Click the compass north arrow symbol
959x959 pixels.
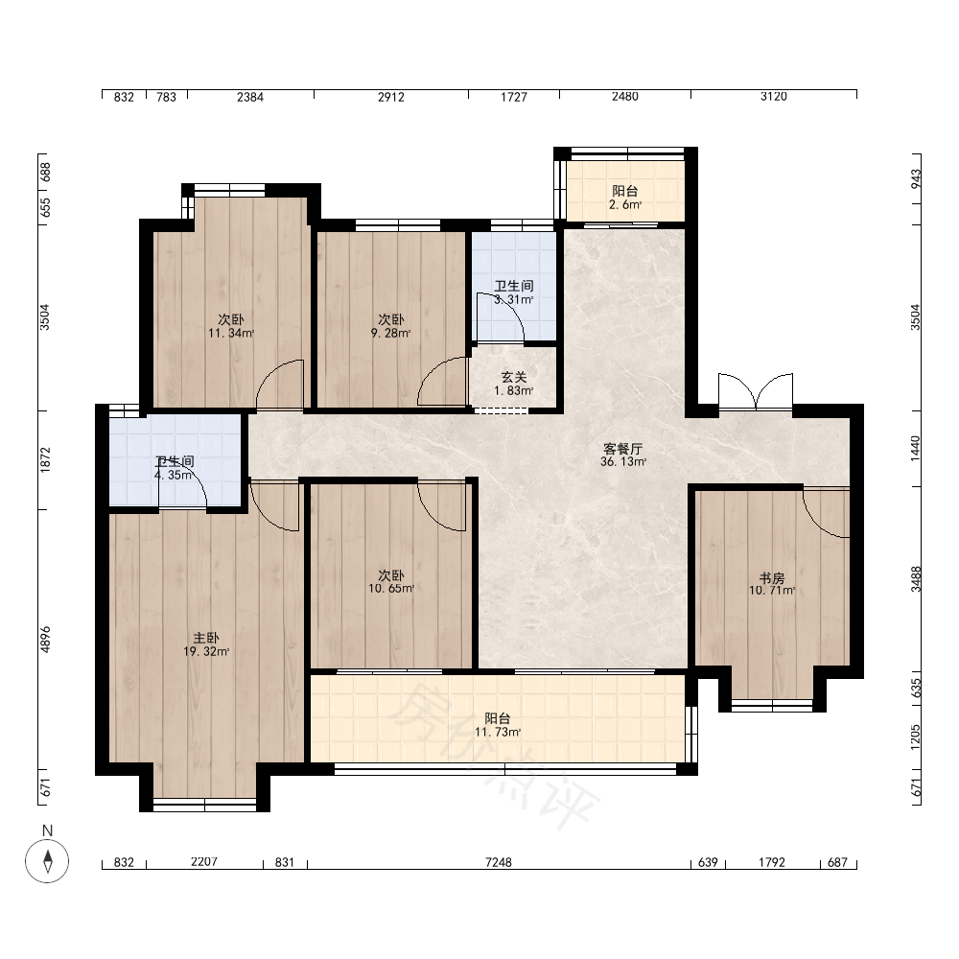tap(47, 861)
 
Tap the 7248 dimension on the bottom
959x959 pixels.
tap(499, 862)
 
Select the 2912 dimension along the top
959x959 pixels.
tap(391, 97)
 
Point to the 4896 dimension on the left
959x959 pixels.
tap(45, 639)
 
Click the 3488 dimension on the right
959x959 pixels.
tap(916, 579)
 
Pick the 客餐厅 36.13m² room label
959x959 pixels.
tap(623, 455)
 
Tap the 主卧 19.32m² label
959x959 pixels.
tap(206, 644)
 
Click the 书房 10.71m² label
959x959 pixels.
tap(772, 584)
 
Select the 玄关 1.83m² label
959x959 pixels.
tap(514, 385)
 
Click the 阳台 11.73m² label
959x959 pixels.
tap(498, 725)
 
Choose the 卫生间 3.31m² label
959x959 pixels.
tap(514, 292)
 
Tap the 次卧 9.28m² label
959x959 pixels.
tap(391, 326)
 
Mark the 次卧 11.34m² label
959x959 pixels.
tap(230, 326)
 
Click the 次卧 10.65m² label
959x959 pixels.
tap(391, 582)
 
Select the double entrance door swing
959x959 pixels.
tap(756, 391)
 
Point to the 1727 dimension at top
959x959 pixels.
tap(514, 97)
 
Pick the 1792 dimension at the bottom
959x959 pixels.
tap(772, 862)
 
